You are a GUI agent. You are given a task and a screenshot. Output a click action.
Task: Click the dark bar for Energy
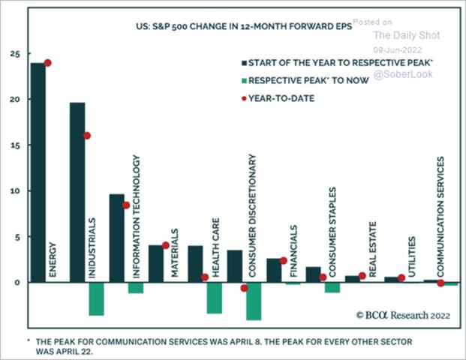point(38,172)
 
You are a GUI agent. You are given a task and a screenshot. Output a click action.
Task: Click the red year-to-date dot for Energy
point(47,63)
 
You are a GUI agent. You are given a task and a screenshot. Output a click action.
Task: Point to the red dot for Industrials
point(87,136)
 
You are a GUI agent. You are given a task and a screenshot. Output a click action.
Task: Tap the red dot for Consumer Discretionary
point(244,288)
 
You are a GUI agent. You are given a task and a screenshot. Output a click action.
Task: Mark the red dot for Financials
point(284,261)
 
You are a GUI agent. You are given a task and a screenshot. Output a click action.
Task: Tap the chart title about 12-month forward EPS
point(220,30)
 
